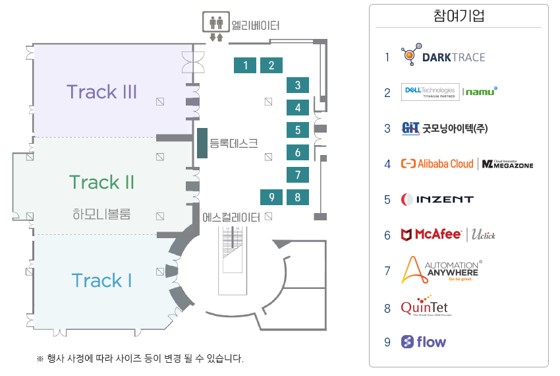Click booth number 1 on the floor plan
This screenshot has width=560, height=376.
point(245,65)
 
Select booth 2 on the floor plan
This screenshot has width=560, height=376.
point(271,65)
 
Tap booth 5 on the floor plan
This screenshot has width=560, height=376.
point(298,130)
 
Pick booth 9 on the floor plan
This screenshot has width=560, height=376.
point(271,197)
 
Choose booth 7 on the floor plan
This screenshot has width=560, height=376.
point(298,175)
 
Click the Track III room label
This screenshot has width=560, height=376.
point(101,92)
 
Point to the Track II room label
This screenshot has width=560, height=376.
point(102,181)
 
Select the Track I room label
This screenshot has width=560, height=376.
point(102,280)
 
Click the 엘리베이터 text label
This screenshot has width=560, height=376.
point(256,26)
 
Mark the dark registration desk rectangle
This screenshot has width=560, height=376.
point(202,143)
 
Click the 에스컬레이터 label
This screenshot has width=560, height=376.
point(231,216)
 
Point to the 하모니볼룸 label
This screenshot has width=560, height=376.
point(102,214)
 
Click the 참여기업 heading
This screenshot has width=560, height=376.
point(459,16)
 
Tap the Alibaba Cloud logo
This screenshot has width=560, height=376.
point(437,164)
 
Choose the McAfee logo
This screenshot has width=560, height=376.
point(432,234)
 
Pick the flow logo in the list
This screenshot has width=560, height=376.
point(424,342)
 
